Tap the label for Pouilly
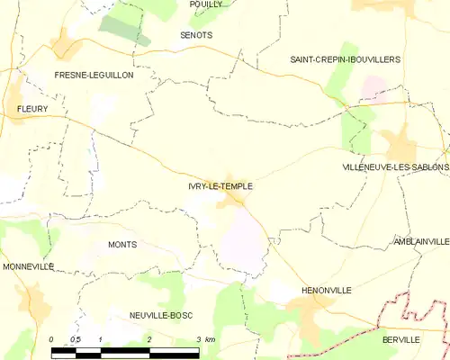click(x=206, y=4)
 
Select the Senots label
click(x=196, y=34)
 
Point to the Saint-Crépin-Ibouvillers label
click(x=345, y=59)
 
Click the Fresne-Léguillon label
click(x=94, y=76)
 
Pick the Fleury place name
click(x=31, y=109)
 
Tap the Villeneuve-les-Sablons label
click(x=395, y=168)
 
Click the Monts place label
click(x=121, y=245)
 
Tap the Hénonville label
click(x=322, y=292)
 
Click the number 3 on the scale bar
click(x=198, y=339)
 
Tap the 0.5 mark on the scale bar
click(x=76, y=339)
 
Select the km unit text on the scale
click(x=210, y=339)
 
